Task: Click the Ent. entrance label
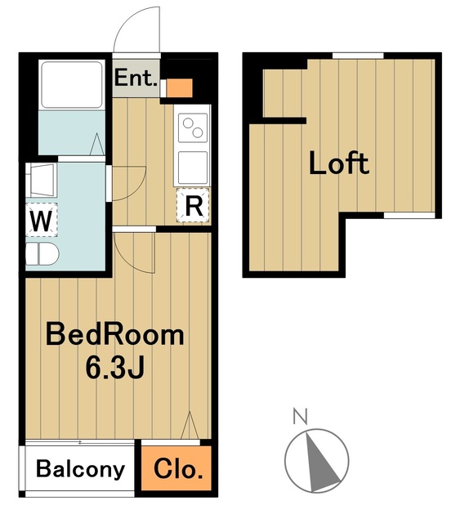[136, 78]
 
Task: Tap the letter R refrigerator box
[193, 205]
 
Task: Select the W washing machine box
[42, 220]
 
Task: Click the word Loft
[339, 163]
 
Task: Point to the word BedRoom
[114, 334]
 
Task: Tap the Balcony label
[80, 468]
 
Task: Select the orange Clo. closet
[177, 468]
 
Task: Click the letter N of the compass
[300, 416]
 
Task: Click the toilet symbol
[42, 254]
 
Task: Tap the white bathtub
[71, 85]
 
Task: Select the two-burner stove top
[193, 127]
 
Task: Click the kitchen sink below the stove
[193, 168]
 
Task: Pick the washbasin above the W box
[42, 180]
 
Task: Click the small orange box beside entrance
[180, 88]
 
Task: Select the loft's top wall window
[358, 56]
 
